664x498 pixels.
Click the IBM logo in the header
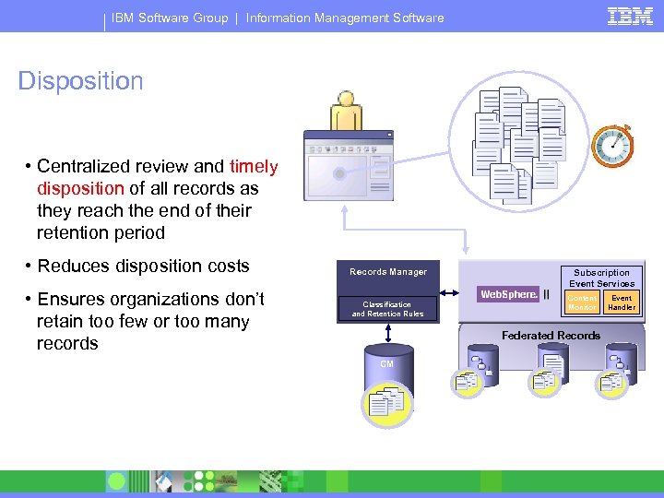[x=631, y=16]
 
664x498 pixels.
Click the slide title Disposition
[x=81, y=81]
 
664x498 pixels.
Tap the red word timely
[x=254, y=167]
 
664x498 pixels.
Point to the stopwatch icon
[x=611, y=146]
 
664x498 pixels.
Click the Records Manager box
[x=388, y=272]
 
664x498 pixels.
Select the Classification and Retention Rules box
[x=387, y=309]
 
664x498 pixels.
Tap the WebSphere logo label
[x=508, y=294]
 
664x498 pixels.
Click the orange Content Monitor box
[x=582, y=302]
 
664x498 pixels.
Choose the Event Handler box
[x=622, y=302]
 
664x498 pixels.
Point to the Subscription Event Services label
[x=601, y=278]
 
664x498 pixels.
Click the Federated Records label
[x=551, y=336]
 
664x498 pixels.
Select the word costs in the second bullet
[x=224, y=267]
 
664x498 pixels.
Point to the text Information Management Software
[x=345, y=18]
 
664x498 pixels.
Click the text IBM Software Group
[x=170, y=18]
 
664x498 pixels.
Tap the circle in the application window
[x=339, y=173]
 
